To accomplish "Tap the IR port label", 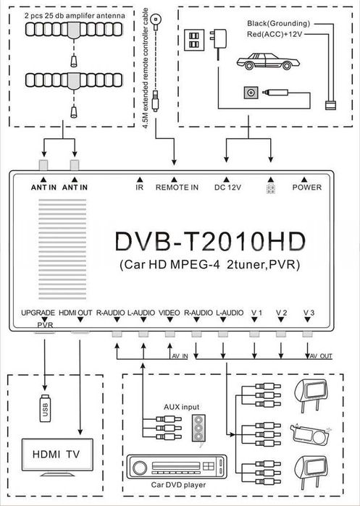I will tap(139, 187).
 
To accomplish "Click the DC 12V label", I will tap(227, 187).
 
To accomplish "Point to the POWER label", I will tap(307, 187).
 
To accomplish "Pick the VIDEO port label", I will tap(169, 312).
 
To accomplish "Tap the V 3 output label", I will tap(309, 312).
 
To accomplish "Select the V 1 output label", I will tap(256, 312).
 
